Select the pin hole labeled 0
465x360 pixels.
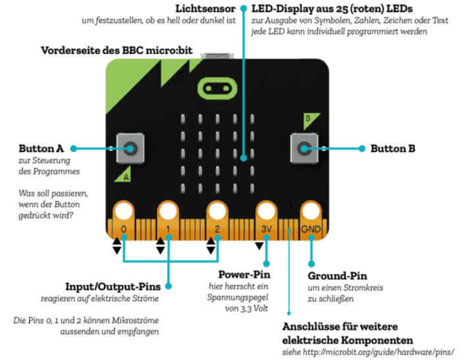pos(123,211)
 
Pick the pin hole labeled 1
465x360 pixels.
pos(168,211)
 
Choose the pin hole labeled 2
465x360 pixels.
pos(217,211)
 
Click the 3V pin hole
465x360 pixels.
pos(266,211)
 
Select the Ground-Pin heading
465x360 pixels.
pos(337,275)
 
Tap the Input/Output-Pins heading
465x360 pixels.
pos(112,287)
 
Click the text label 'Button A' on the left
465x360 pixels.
pos(41,148)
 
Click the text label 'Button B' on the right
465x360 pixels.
pos(393,148)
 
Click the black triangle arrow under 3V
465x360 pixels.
pos(259,246)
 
